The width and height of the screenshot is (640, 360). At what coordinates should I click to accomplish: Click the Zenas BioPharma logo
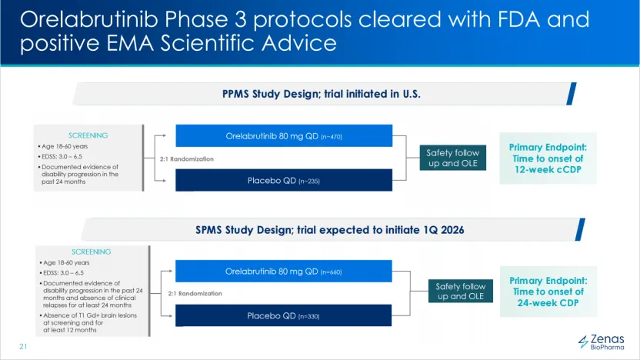pos(602,342)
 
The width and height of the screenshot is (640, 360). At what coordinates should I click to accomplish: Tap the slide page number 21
pos(23,346)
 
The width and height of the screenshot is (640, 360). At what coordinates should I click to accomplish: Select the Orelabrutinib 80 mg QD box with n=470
pos(284,136)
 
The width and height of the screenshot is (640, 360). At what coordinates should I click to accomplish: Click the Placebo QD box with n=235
pos(284,181)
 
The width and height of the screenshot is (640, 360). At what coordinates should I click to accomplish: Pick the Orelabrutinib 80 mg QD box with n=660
pos(284,272)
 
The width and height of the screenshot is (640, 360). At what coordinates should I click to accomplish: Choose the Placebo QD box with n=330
pos(284,315)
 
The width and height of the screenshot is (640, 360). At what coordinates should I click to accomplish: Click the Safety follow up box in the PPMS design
pos(453,158)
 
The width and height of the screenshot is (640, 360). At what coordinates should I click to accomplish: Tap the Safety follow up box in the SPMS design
pos(461,291)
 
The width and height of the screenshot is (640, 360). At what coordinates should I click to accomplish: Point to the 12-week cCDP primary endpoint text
pos(548,158)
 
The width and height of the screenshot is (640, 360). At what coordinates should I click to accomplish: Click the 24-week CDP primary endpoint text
pos(548,292)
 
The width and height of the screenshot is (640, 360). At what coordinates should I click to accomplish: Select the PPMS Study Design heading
pos(322,94)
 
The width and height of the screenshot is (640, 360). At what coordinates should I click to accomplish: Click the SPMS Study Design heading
pos(330,230)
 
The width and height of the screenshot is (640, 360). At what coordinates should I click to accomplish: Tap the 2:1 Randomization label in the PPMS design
pos(186,158)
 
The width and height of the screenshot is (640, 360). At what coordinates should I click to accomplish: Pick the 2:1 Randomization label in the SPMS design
pos(195,294)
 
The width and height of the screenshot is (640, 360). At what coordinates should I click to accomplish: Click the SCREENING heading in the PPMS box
pos(88,135)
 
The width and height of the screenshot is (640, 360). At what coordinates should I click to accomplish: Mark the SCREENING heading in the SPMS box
pos(92,252)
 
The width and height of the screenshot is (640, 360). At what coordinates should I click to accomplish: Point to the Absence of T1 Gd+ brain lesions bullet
pos(88,322)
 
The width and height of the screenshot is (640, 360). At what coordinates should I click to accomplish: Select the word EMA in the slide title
pos(130,43)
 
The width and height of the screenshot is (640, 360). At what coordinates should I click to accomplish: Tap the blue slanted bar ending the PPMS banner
pos(572,94)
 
